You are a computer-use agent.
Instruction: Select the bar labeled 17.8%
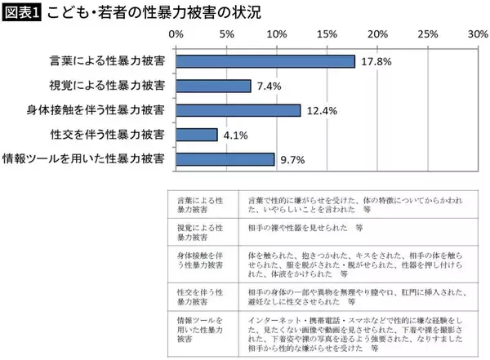(x=265, y=61)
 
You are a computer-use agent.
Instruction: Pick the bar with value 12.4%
(x=238, y=110)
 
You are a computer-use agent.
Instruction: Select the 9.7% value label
(x=292, y=159)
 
